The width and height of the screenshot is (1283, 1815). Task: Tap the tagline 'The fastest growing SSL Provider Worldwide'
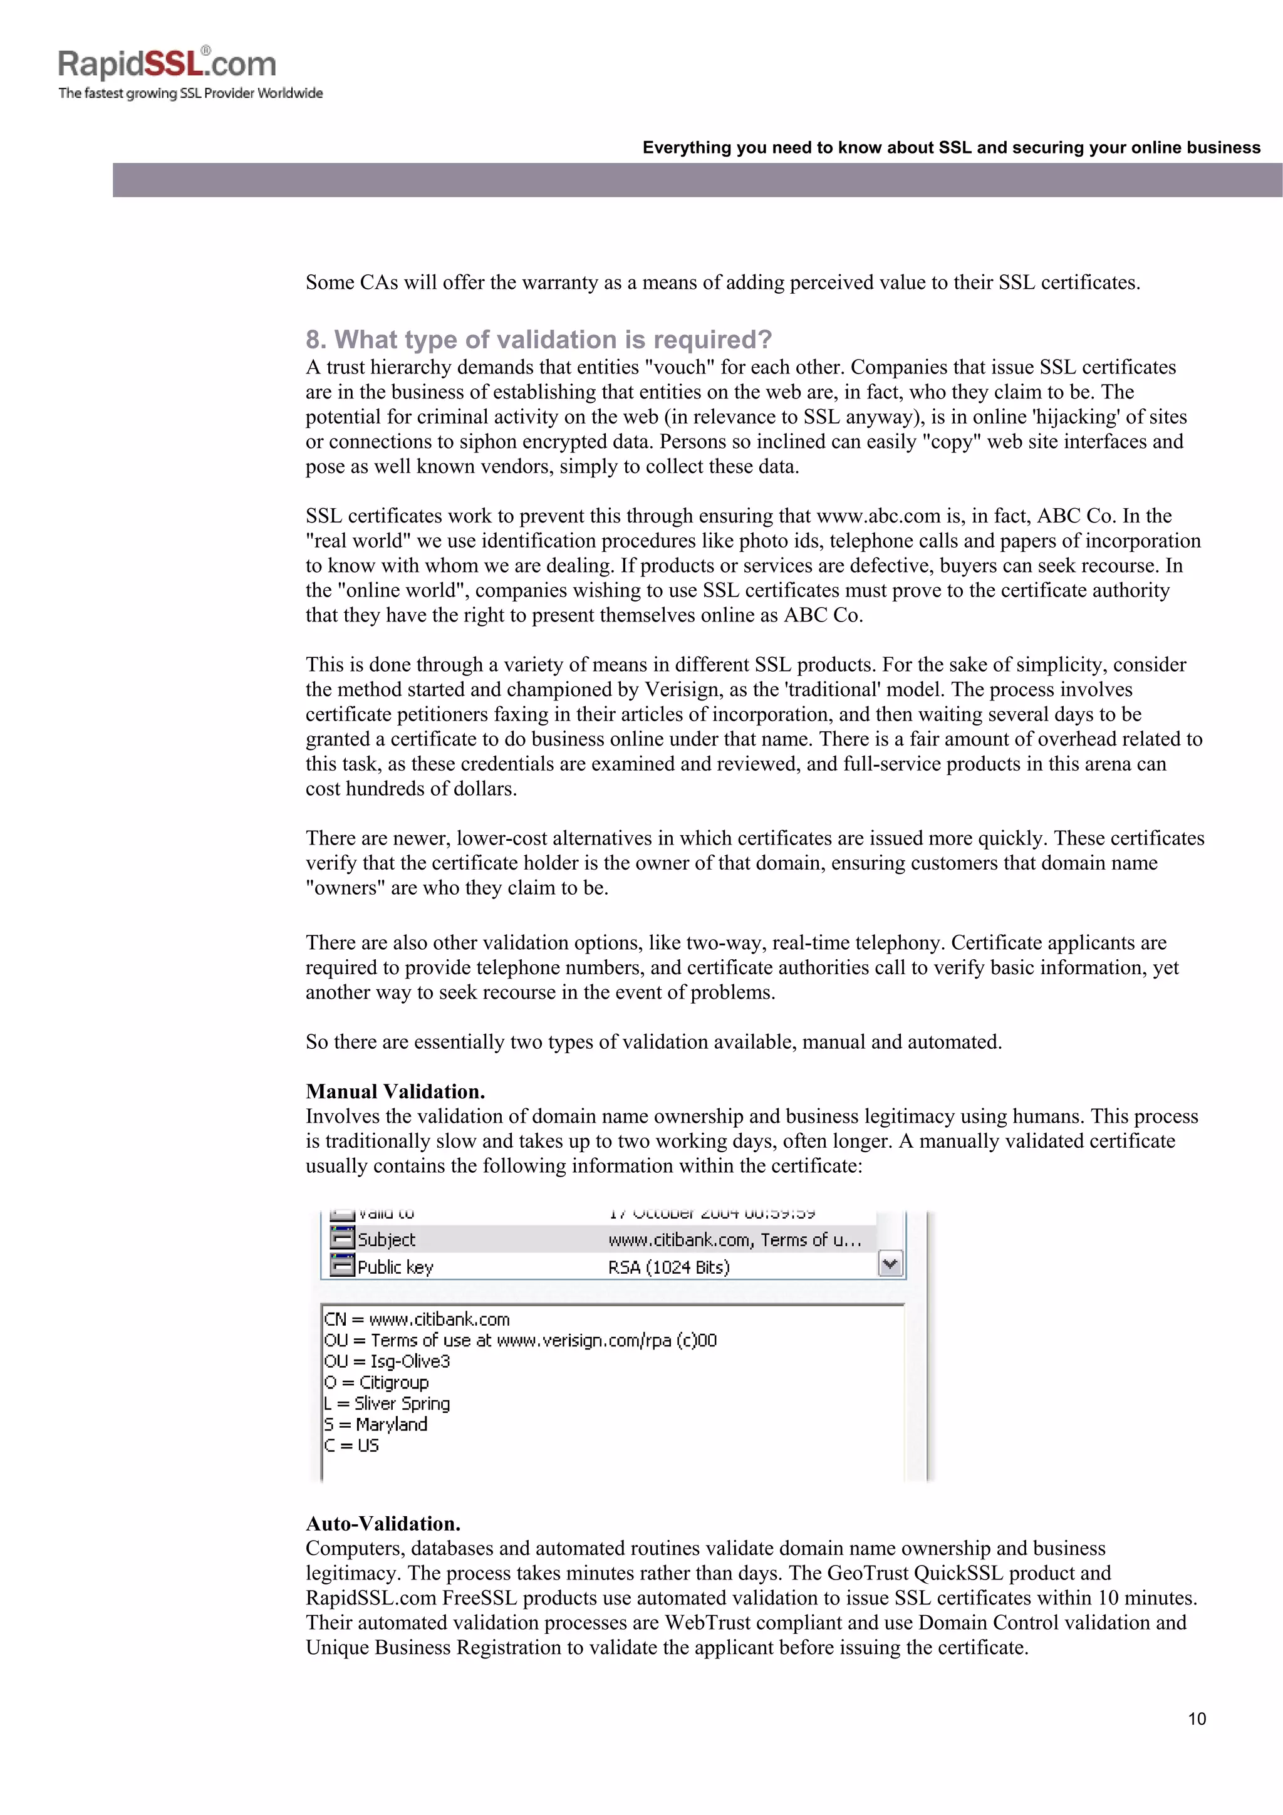[190, 93]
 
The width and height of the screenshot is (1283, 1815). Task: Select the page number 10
[1196, 1719]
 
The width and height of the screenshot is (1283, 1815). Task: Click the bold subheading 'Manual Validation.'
[395, 1091]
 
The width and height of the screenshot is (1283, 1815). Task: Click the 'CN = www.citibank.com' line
[417, 1319]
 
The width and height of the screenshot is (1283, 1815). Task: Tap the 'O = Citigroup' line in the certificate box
[377, 1382]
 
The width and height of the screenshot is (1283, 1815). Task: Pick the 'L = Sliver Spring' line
[387, 1403]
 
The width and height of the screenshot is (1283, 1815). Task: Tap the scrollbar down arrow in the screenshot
[890, 1265]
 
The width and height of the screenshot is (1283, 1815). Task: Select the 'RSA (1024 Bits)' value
[669, 1267]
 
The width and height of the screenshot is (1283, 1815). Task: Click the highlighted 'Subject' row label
[386, 1239]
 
